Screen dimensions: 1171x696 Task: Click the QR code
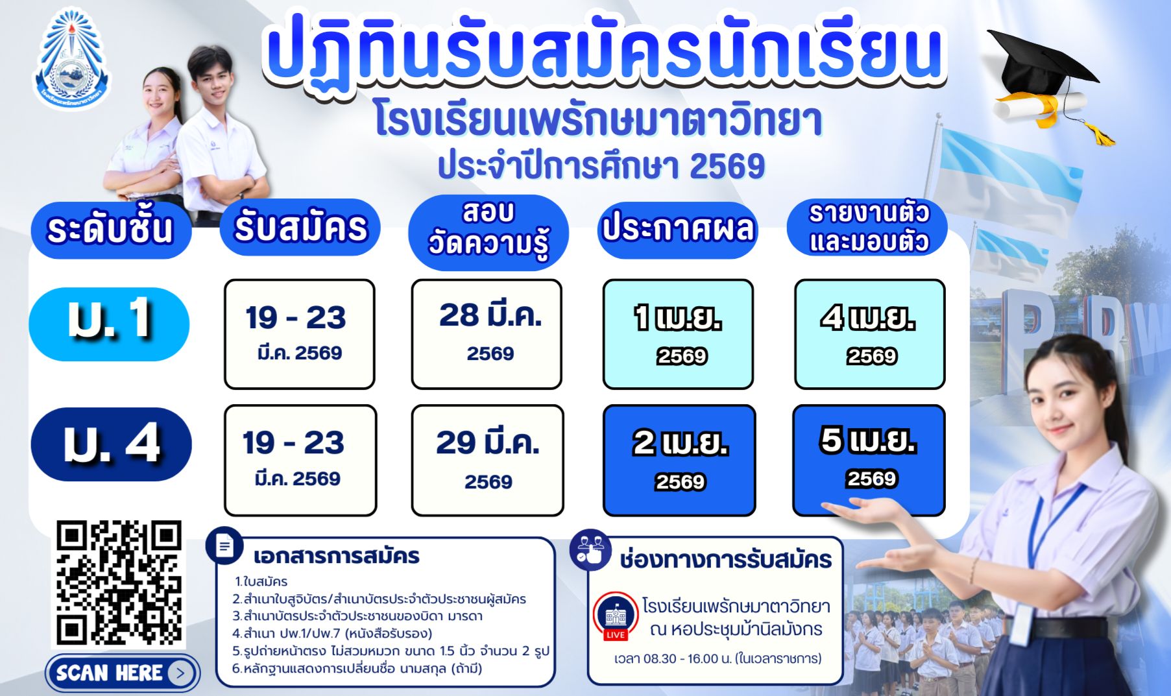119,584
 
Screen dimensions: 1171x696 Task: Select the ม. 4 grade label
111,444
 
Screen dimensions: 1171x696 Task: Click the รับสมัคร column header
300,227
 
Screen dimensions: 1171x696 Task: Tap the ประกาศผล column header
678,228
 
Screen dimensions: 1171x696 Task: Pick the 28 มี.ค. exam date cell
487,334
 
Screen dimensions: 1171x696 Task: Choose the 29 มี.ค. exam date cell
487,461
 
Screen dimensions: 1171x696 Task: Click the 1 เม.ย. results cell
678,334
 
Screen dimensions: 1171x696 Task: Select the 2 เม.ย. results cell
679,461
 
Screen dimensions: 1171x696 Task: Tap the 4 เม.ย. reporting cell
869,334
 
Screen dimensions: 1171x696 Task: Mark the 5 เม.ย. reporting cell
869,461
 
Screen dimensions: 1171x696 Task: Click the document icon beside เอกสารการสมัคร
224,546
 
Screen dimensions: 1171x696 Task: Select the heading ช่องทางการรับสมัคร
725,559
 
